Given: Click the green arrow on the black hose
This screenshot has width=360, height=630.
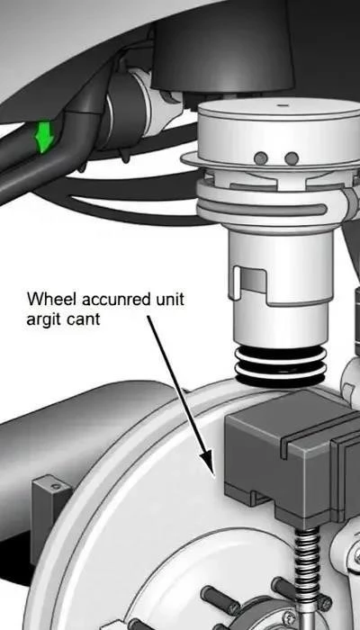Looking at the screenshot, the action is click(x=44, y=137).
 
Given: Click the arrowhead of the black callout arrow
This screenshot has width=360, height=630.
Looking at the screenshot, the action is click(x=208, y=463).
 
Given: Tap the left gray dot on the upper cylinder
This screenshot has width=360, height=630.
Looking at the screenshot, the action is click(x=261, y=157).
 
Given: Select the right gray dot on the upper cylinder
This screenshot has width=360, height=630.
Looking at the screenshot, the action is click(x=292, y=157).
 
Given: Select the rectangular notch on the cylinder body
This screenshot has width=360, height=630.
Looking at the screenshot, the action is click(x=249, y=280).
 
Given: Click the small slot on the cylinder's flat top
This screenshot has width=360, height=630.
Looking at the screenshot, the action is click(x=283, y=105).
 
